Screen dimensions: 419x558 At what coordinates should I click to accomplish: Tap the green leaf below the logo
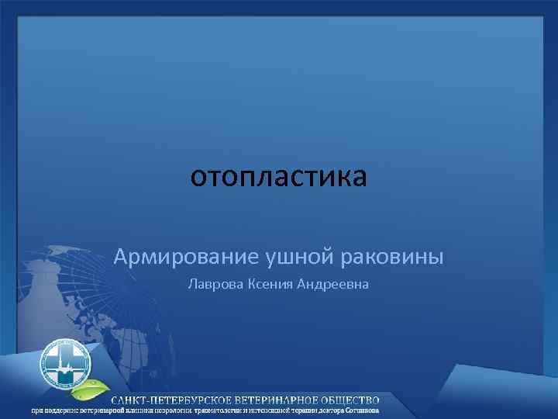pyautogui.click(x=98, y=386)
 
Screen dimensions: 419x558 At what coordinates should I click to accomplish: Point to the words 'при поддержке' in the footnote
pyautogui.click(x=53, y=410)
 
